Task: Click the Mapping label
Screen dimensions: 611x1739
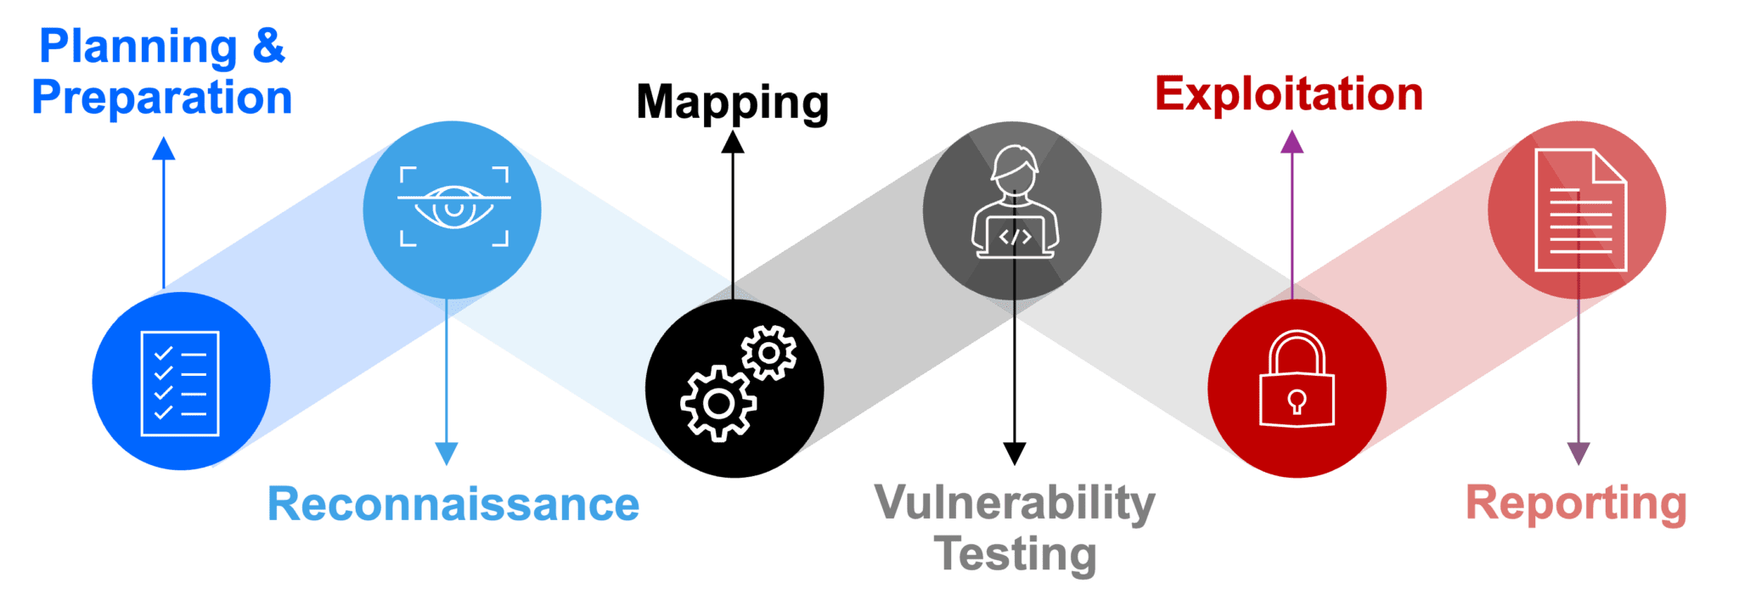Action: point(732,103)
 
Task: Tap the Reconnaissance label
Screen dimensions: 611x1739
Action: point(453,504)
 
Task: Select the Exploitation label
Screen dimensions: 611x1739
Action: point(1288,94)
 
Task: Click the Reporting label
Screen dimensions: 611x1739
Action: point(1576,503)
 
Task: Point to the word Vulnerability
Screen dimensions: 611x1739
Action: point(1015,504)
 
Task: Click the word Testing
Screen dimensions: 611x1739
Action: point(1015,554)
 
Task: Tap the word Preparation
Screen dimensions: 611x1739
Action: point(162,97)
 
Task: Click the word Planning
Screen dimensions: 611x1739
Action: point(138,46)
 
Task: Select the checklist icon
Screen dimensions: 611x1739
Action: point(180,384)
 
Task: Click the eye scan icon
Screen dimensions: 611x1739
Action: point(454,207)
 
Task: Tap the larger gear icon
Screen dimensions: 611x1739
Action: point(718,403)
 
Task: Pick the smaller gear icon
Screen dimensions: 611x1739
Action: point(769,352)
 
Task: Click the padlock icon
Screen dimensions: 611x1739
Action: point(1297,379)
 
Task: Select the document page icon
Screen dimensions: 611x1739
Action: point(1580,210)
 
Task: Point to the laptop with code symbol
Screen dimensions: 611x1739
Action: point(1015,236)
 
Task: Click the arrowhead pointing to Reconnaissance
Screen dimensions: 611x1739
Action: point(447,454)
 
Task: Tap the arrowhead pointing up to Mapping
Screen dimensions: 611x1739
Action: point(733,141)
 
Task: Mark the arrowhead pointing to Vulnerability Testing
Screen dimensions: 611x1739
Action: point(1014,454)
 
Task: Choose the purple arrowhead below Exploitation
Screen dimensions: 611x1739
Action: point(1292,142)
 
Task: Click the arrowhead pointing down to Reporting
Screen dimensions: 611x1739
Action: point(1578,454)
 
